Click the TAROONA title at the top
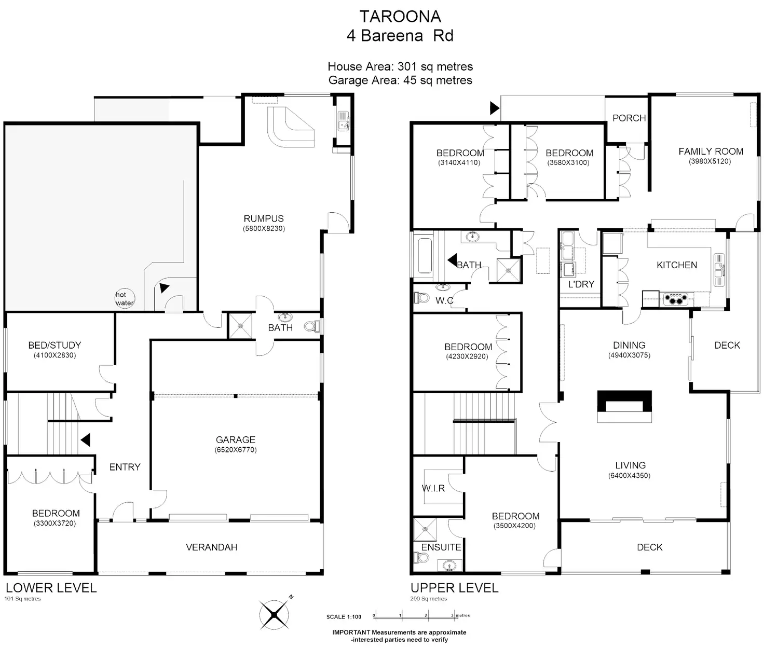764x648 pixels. tap(400, 17)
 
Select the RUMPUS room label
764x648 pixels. tap(264, 218)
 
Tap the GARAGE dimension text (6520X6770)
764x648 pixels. tap(236, 450)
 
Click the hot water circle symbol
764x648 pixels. tap(125, 299)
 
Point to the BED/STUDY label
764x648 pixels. tap(54, 345)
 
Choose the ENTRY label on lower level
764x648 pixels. tap(125, 467)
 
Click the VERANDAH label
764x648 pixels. tap(211, 547)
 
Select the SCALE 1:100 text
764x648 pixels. tap(344, 617)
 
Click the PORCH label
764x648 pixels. tap(629, 118)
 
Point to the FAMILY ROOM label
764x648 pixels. tap(711, 151)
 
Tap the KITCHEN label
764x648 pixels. tap(677, 265)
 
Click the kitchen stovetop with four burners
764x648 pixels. tap(675, 299)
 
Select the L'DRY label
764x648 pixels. tap(581, 284)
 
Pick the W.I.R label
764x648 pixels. tap(433, 488)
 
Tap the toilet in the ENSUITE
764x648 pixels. tap(421, 557)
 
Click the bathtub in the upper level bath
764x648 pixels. tap(425, 256)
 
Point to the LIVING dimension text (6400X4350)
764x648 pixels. tap(629, 476)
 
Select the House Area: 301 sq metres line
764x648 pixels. tap(400, 66)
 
